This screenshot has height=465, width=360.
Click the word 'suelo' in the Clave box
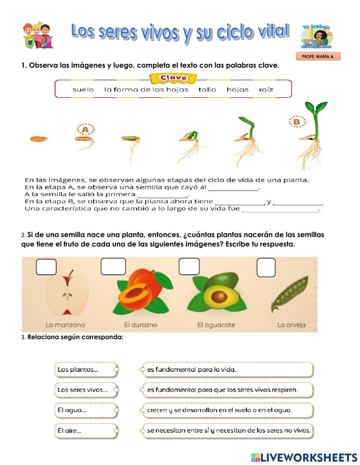pos(83,90)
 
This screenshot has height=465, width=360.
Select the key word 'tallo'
pos(207,90)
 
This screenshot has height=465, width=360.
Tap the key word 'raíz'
pos(266,90)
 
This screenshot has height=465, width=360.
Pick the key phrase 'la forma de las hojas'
pos(146,90)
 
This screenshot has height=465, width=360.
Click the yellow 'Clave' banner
pos(173,78)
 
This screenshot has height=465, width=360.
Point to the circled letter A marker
pos(85,129)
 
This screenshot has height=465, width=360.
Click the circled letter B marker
pos(297,122)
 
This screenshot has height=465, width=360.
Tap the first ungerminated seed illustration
pos(39,139)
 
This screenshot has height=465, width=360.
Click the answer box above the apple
pos(46,267)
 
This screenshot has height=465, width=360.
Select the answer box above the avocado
pos(189,267)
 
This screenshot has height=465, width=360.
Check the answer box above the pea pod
pos(266,268)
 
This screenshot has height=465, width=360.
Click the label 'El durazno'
pos(141,325)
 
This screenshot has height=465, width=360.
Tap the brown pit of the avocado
pos(219,297)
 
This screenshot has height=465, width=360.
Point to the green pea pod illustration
pos(289,295)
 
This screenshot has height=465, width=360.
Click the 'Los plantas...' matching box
pos(86,370)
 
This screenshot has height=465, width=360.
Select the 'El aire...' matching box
pos(86,430)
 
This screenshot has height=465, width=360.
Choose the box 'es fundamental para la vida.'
pos(228,370)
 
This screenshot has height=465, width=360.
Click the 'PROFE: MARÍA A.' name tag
pos(318,57)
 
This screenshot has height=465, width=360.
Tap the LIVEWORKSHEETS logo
pos(304,457)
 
